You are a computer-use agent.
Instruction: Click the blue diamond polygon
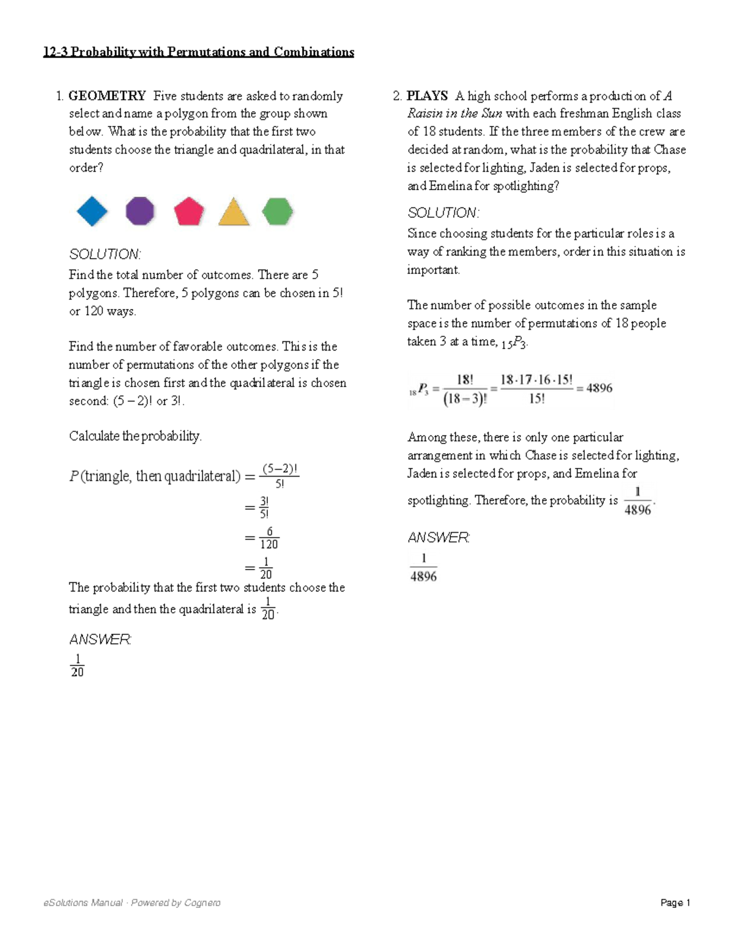pyautogui.click(x=92, y=212)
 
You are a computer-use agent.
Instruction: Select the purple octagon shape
pyautogui.click(x=140, y=212)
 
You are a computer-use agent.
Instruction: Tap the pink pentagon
pyautogui.click(x=188, y=212)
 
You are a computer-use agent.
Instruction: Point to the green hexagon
pyautogui.click(x=277, y=212)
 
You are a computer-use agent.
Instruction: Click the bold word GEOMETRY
pyautogui.click(x=107, y=96)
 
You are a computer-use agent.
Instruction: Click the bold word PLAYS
pyautogui.click(x=427, y=96)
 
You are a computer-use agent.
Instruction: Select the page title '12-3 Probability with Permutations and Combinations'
pyautogui.click(x=198, y=52)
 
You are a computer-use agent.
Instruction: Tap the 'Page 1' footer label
pyautogui.click(x=675, y=903)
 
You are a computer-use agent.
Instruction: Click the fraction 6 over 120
pyautogui.click(x=269, y=538)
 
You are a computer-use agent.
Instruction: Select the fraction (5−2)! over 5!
pyautogui.click(x=280, y=476)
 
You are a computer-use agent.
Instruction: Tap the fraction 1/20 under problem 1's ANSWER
pyautogui.click(x=77, y=666)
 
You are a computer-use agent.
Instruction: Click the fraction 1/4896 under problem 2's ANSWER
pyautogui.click(x=423, y=568)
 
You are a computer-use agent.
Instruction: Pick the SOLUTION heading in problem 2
pyautogui.click(x=443, y=213)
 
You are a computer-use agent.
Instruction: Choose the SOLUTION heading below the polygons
pyautogui.click(x=105, y=254)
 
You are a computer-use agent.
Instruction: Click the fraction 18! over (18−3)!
pyautogui.click(x=465, y=389)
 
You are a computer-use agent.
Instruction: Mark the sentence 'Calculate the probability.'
pyautogui.click(x=135, y=436)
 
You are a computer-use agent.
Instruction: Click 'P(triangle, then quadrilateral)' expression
pyautogui.click(x=155, y=477)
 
